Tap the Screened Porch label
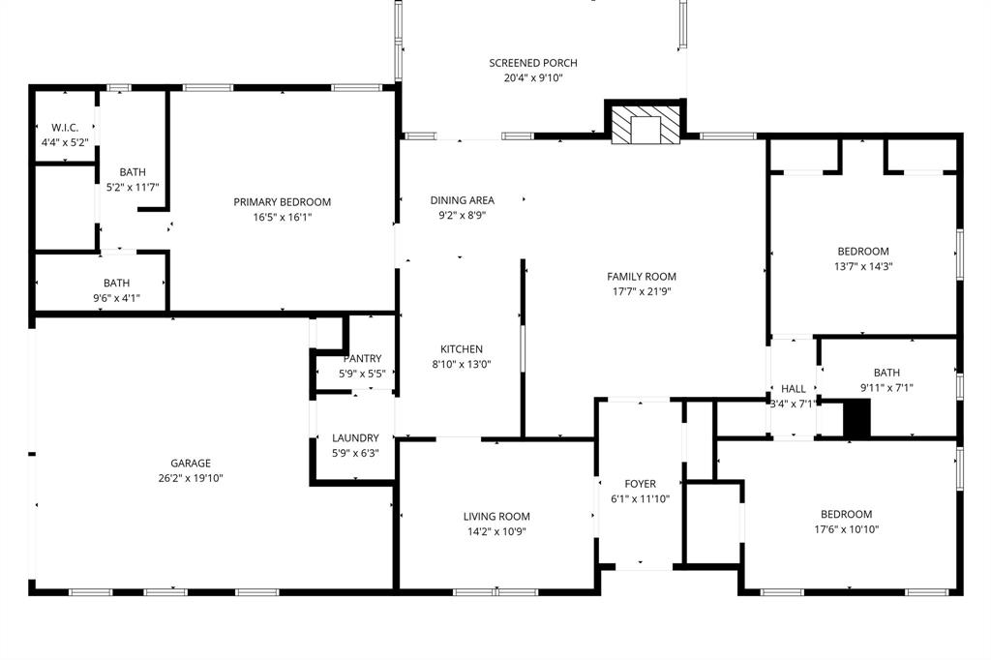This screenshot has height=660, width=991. pos(533,63)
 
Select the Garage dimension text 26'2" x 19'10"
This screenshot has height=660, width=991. pos(191,478)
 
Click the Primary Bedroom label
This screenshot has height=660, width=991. pos(282,202)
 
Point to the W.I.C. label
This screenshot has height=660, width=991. pos(64,128)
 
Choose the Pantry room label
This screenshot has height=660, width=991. pos(362,358)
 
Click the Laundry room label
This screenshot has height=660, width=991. pos(362,437)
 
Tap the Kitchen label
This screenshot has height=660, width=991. pos(461,349)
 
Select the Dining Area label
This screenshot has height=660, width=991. pos(462,200)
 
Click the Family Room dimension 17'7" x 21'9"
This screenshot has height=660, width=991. pos(642,291)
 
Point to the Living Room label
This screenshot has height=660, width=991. pos(496,516)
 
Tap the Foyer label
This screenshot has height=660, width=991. pos(640,484)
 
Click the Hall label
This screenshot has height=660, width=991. pos(793,389)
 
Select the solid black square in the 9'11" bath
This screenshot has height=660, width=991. pos(857,419)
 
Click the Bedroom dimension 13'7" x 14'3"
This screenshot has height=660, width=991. pos(862,266)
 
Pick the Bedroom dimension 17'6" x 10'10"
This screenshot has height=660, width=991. pos(846,529)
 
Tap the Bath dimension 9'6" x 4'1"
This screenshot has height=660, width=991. pos(117,298)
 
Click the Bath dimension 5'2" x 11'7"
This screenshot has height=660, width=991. pos(132,187)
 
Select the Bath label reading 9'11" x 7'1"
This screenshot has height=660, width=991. pos(886,373)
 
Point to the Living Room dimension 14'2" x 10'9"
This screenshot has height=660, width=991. pos(496,531)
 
